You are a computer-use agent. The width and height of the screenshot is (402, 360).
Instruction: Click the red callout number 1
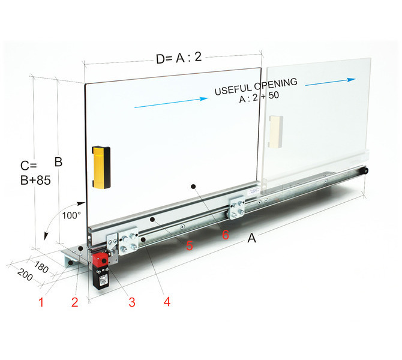pos(41,302)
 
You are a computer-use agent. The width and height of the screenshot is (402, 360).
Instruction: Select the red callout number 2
pos(74,302)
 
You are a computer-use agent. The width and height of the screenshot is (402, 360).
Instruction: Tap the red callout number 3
pos(132,302)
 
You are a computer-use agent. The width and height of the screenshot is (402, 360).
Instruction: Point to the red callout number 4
pos(167,302)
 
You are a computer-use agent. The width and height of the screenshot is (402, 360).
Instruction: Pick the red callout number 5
pos(190,245)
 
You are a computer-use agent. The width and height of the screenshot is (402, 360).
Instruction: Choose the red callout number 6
pos(226,235)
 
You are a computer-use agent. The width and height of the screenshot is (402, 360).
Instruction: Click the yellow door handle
pos(101,167)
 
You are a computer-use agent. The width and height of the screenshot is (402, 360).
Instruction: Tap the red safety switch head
pos(101,260)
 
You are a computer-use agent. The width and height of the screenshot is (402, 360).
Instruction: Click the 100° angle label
pos(71,215)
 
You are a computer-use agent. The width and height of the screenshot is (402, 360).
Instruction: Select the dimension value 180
pos(41,267)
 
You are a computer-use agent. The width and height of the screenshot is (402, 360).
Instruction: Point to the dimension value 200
pos(25,275)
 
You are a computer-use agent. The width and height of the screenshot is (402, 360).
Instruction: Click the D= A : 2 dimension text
pos(179,58)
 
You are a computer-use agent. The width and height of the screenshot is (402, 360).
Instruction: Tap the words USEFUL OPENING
pos(256,86)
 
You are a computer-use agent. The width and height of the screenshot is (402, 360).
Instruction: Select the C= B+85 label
pos(35,173)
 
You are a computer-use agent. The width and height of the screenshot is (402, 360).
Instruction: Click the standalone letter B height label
pos(58,162)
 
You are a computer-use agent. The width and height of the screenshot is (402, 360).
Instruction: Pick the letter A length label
pos(252,238)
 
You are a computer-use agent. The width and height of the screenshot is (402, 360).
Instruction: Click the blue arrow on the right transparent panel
pos(331,82)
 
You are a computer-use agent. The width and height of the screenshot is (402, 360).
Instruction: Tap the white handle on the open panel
pos(275,132)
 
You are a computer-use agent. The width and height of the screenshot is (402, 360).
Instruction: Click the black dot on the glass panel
pos(194,187)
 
